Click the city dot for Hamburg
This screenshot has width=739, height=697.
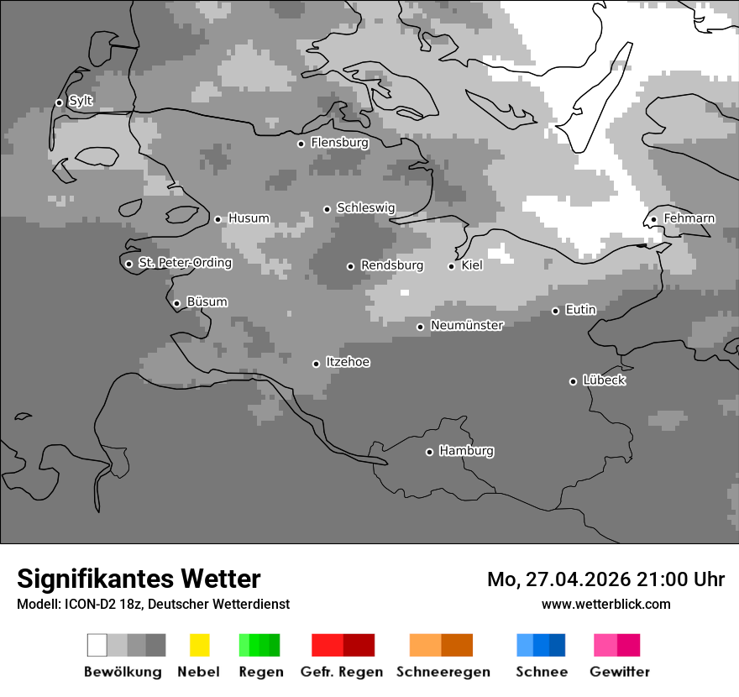coord(429,452)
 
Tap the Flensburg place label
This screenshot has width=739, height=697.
coord(339,143)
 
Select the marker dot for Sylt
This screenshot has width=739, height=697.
coord(59,102)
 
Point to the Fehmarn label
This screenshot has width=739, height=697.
coord(689,218)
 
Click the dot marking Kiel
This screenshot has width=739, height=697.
coord(451,266)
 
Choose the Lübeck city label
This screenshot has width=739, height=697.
coord(604,380)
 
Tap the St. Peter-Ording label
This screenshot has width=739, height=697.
coord(185,263)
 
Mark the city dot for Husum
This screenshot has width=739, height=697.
coord(218,219)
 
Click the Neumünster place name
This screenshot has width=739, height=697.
coord(466,325)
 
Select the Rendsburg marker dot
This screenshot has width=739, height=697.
coord(350,266)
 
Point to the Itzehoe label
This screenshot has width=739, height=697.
coord(348,362)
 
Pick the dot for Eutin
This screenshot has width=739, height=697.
coord(555,311)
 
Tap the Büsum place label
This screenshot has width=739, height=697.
coord(207,302)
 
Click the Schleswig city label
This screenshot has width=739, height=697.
coord(365,208)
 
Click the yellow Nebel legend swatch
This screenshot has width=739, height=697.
coord(199,645)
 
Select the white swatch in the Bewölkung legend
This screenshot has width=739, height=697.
coord(97,645)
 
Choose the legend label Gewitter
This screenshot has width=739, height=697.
coord(619,672)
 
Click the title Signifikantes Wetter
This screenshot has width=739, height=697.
coord(139,579)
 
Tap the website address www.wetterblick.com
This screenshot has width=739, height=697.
coord(605,605)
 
